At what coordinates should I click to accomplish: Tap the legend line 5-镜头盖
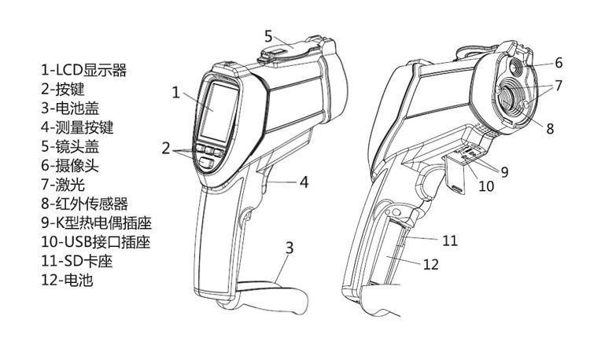click(x=70, y=146)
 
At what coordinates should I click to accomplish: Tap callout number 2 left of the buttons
click(x=166, y=147)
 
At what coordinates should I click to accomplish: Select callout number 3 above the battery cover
click(x=289, y=248)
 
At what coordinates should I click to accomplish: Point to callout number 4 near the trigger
click(x=304, y=182)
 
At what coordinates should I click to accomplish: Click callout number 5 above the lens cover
click(x=268, y=35)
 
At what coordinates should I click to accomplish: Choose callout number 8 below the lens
click(x=551, y=127)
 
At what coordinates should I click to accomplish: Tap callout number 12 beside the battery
click(x=431, y=264)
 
